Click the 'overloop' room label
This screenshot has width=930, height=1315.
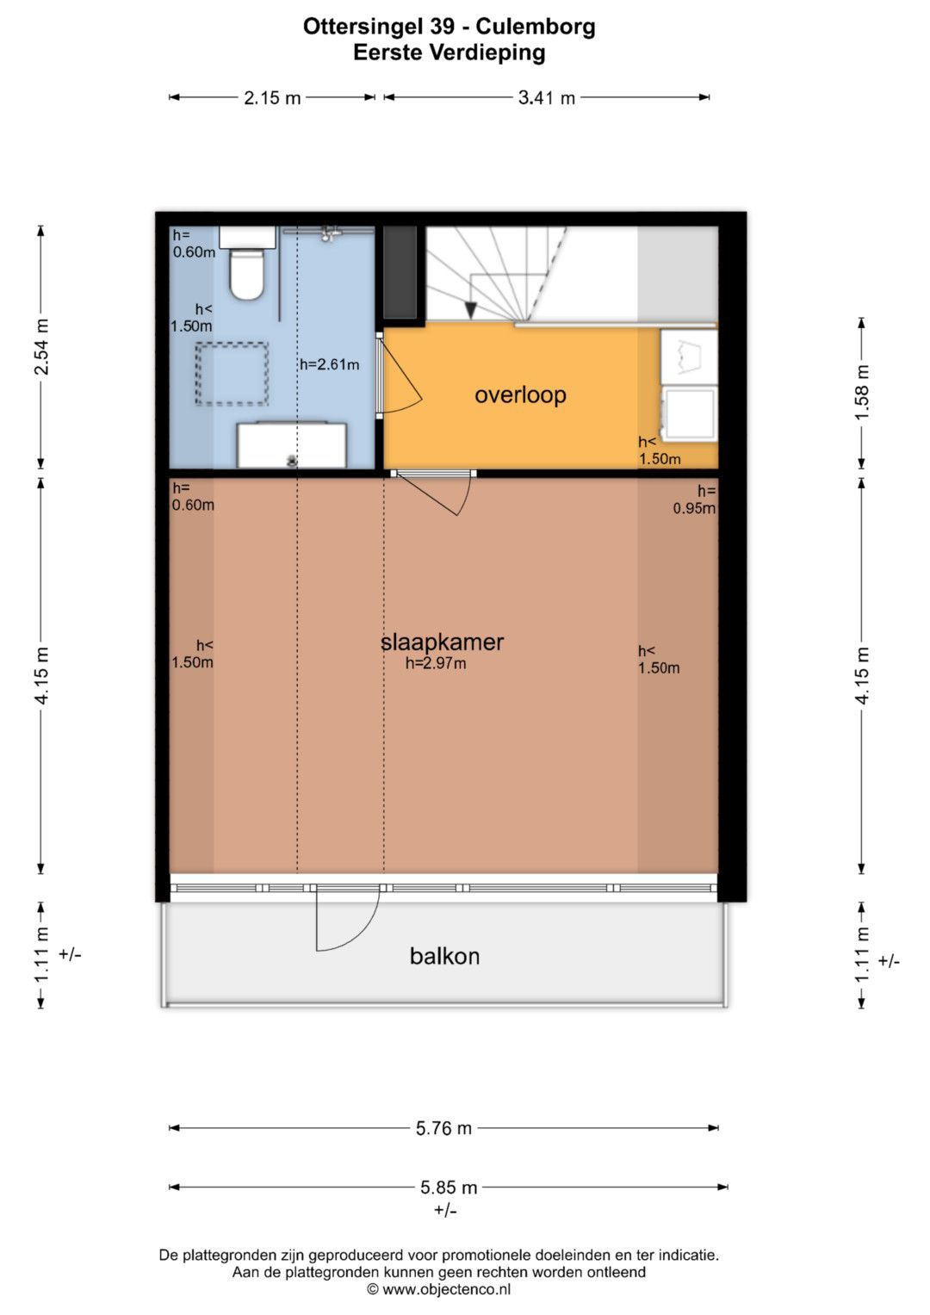click(520, 395)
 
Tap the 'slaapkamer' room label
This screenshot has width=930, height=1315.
click(442, 642)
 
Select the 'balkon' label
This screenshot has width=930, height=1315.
click(444, 956)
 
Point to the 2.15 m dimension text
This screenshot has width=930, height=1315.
click(272, 97)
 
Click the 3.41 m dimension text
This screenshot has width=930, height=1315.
click(546, 97)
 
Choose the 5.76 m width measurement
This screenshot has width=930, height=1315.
click(443, 1128)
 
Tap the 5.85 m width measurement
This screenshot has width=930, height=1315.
click(449, 1188)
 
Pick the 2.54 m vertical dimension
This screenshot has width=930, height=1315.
click(41, 347)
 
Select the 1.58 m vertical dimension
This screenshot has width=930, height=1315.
click(862, 392)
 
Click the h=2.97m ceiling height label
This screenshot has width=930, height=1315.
click(436, 663)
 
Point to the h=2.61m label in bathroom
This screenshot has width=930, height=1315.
click(329, 364)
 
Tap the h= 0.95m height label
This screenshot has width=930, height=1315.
click(695, 499)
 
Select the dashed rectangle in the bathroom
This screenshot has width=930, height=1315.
click(232, 374)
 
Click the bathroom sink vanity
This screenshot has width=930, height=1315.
click(292, 444)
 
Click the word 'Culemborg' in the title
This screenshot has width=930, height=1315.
click(536, 27)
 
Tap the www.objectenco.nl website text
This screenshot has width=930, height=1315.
click(446, 1290)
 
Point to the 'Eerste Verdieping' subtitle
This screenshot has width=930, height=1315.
click(449, 53)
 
